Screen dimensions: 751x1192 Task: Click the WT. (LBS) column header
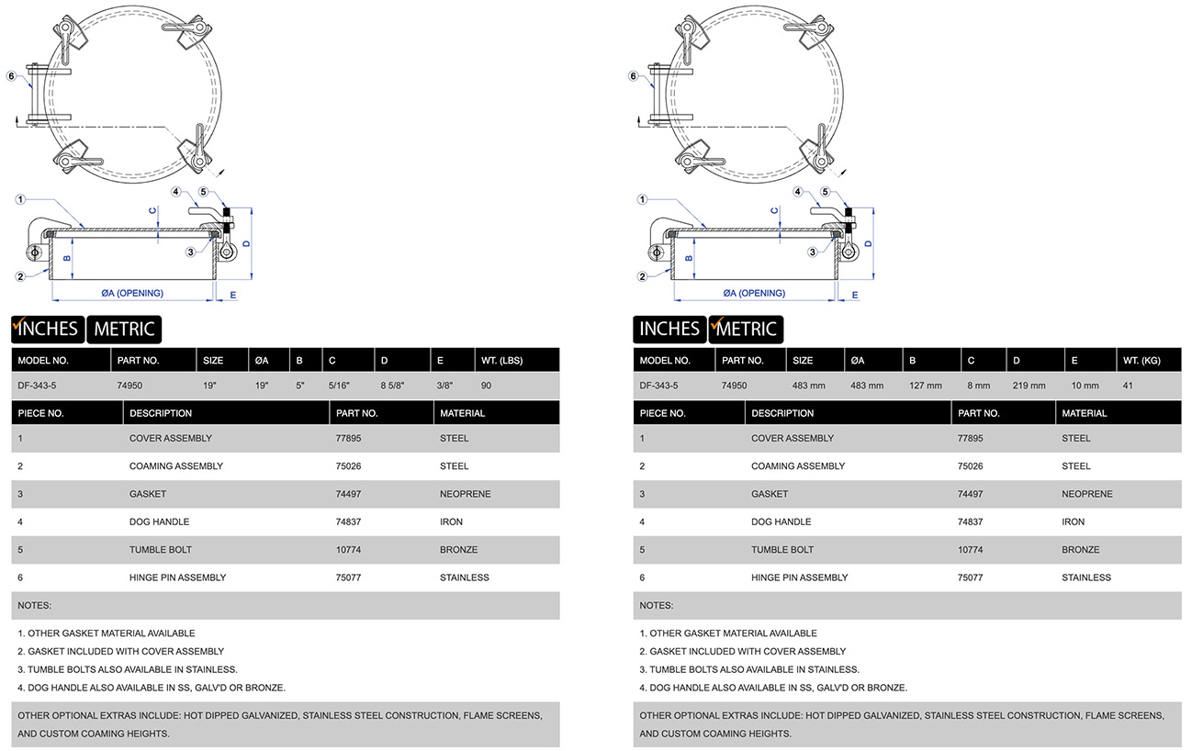pos(501,361)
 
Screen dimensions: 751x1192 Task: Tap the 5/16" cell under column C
pos(340,386)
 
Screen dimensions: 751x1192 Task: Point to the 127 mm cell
pos(926,386)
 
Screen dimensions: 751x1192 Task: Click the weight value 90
pos(486,386)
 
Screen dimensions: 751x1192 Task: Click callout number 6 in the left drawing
pos(11,76)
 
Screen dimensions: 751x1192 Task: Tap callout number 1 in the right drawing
pos(641,199)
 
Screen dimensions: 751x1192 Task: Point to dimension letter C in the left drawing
pos(152,210)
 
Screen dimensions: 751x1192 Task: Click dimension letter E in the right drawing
pos(855,295)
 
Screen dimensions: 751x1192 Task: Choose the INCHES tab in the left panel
pos(47,329)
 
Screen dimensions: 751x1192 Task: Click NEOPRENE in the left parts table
pos(465,494)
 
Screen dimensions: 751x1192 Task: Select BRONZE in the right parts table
pos(1080,550)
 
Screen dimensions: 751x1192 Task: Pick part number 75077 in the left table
pos(349,577)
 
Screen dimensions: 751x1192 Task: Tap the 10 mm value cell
pos(1084,386)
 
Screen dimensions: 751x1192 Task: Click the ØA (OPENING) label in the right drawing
pos(754,294)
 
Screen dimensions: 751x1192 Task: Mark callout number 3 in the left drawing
pos(190,252)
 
